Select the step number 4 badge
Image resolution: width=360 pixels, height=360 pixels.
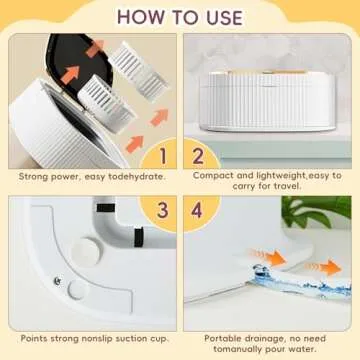(198, 211)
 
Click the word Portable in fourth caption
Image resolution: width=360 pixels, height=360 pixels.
(226, 338)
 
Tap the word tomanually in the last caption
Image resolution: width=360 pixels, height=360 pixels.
(233, 350)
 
